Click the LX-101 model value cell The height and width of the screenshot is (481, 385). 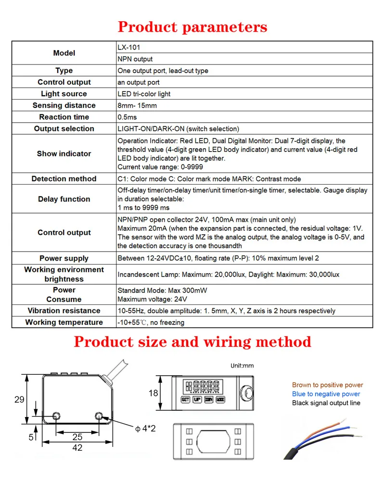[129, 47]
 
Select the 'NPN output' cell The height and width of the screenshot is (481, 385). [135, 59]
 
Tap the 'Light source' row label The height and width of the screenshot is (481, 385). [64, 94]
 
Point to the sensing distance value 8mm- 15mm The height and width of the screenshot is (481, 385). [137, 105]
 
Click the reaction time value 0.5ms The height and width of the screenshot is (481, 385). [128, 117]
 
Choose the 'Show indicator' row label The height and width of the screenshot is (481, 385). [64, 153]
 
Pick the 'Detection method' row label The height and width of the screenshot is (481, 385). [64, 178]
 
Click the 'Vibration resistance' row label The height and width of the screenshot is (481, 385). [64, 311]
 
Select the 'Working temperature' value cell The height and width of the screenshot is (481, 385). [151, 322]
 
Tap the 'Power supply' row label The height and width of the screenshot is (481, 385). [64, 258]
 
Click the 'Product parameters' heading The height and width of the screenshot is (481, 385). [192, 26]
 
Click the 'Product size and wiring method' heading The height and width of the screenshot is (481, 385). [192, 342]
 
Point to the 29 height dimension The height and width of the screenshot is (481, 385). [19, 400]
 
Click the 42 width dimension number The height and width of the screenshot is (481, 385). [77, 448]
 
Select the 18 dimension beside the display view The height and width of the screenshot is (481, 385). [153, 393]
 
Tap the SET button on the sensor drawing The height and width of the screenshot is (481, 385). [185, 399]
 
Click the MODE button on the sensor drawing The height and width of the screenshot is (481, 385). [221, 399]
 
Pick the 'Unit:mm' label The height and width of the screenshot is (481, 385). [242, 366]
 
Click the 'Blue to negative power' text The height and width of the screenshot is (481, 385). [326, 394]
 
